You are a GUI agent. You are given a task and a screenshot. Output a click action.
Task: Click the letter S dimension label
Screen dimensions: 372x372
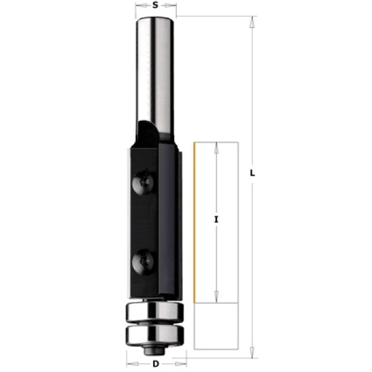click(155, 5)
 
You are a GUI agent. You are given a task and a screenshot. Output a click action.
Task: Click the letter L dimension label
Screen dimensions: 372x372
click(252, 173)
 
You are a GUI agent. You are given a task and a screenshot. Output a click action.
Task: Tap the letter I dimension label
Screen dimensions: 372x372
click(216, 219)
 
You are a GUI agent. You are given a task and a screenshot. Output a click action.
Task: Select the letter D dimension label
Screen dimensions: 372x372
click(156, 364)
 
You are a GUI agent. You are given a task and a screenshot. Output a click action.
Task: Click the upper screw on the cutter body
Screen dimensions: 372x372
click(143, 182)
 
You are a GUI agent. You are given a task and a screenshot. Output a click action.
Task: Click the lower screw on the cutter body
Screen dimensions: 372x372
click(143, 262)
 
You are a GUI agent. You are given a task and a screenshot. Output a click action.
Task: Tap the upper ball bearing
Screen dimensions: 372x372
click(154, 311)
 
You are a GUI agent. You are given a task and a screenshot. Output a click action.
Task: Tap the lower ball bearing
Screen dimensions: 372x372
click(154, 335)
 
